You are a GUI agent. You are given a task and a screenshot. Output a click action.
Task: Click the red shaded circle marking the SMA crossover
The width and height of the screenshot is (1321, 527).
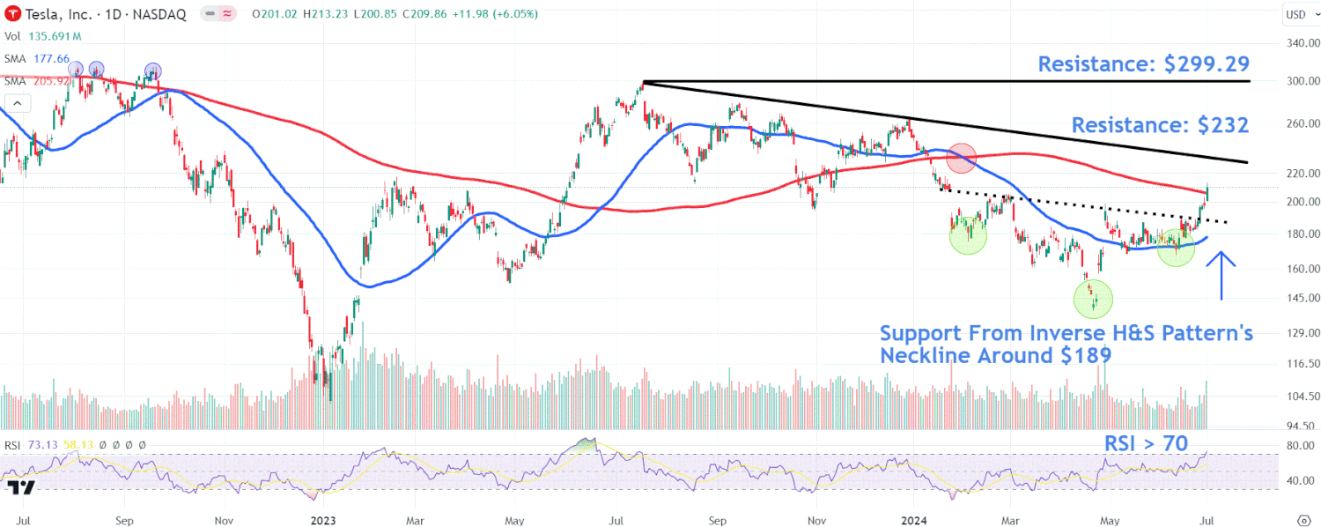pos(961,158)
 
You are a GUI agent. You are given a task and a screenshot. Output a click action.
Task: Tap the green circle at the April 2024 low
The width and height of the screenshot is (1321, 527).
pos(1093,300)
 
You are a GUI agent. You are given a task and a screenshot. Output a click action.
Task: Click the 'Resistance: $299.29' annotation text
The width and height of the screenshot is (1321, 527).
pos(1143,64)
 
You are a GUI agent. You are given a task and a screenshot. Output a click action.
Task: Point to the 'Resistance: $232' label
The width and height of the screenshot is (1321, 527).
pos(1160,125)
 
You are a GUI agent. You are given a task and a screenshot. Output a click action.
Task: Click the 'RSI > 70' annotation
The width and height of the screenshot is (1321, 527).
pos(1146,443)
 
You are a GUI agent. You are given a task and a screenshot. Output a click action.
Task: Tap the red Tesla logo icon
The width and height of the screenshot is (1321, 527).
pos(11,14)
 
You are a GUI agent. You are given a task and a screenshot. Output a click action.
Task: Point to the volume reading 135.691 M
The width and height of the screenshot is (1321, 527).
pos(55,37)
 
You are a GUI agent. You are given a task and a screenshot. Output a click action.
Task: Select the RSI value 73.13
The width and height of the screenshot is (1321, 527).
pos(42,445)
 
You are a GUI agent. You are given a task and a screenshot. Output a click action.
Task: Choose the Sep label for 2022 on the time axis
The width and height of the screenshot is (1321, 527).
pos(124,520)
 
